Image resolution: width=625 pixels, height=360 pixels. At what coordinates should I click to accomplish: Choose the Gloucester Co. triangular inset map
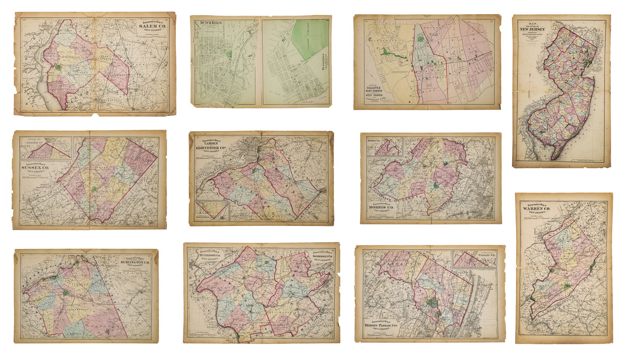click(211, 211)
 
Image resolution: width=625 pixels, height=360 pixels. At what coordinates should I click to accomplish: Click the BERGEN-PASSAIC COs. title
click(387, 333)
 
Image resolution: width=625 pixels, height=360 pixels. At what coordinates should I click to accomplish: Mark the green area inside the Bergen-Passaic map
click(432, 303)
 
